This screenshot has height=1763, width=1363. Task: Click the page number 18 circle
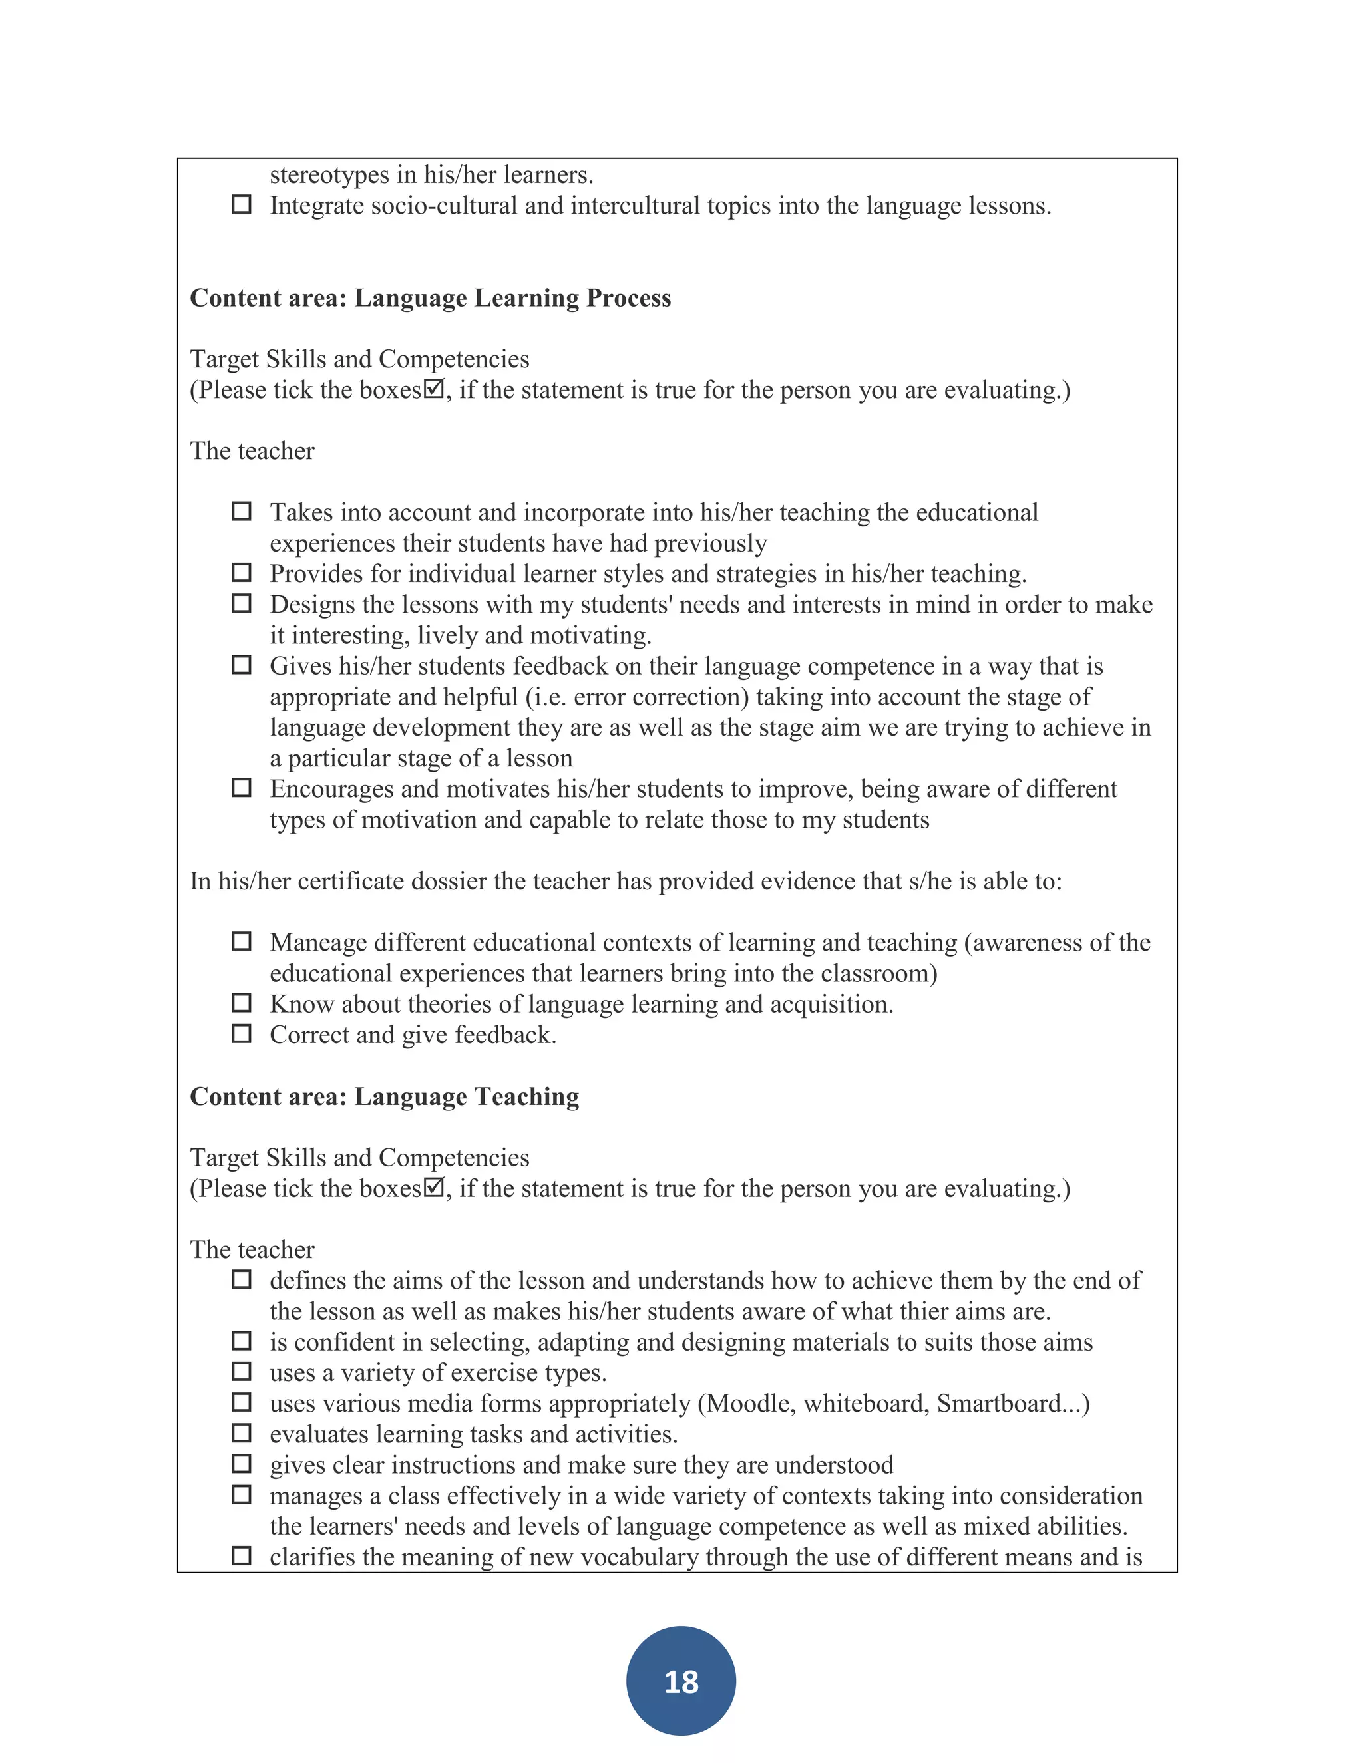click(x=681, y=1681)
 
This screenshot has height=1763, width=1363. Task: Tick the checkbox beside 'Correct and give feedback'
click(x=242, y=1033)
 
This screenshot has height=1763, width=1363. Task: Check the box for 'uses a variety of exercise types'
click(x=242, y=1372)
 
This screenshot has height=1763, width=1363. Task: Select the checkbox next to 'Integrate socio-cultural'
click(x=242, y=204)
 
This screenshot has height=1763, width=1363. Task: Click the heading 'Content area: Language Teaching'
click(x=385, y=1096)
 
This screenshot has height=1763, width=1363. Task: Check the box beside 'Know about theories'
click(x=242, y=1003)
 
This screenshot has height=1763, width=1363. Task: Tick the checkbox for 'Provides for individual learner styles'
click(x=242, y=572)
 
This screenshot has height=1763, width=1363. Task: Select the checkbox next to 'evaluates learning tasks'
click(x=242, y=1433)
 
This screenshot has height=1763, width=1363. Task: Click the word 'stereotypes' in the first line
click(x=332, y=175)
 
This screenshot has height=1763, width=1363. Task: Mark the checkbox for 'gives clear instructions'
click(x=242, y=1464)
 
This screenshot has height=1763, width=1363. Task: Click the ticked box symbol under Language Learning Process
click(x=434, y=390)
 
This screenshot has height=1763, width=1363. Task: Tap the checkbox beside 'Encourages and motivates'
click(x=242, y=787)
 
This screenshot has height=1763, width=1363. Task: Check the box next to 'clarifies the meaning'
click(x=242, y=1555)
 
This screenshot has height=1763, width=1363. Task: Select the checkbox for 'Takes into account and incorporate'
click(x=242, y=511)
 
